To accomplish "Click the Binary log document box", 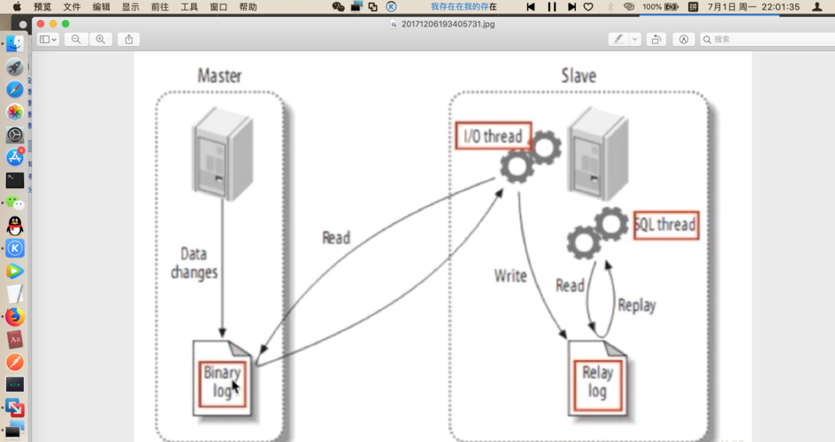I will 222,381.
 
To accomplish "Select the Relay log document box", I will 597,381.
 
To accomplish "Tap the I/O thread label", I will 494,137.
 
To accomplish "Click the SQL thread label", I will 665,225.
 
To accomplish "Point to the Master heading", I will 219,75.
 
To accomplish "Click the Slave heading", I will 578,75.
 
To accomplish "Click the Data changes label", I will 193,263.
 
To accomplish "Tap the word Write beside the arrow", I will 510,275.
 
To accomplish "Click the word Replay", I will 637,305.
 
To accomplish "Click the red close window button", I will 41,24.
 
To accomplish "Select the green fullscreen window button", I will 65,24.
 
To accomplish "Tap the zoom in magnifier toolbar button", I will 100,40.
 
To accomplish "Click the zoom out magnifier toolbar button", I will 76,40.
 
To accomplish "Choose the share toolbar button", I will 129,40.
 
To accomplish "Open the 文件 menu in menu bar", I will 72,6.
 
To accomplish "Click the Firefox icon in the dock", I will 14,316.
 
